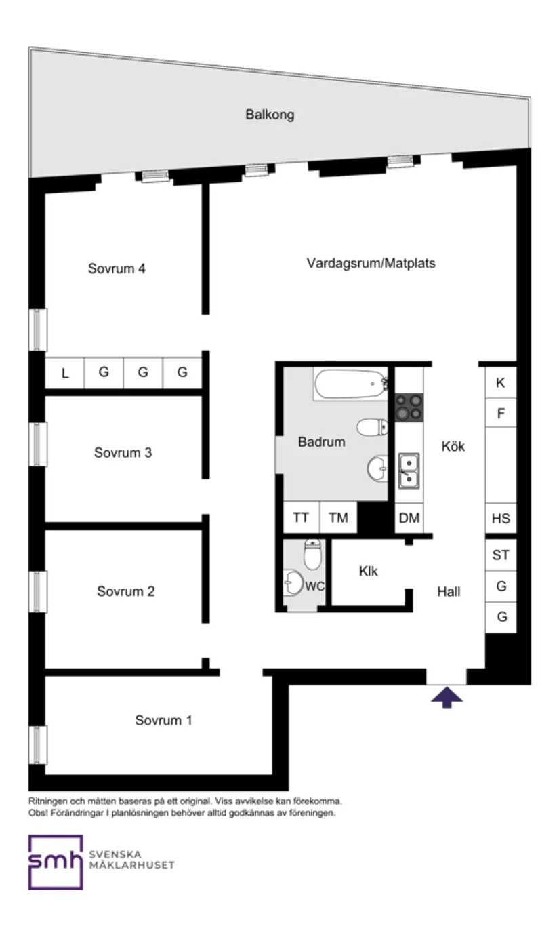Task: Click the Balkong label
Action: [270, 115]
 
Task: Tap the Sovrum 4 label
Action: [117, 268]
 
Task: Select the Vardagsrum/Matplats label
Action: [371, 263]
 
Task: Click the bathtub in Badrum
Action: [350, 384]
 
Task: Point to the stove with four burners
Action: [409, 407]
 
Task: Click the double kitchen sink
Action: [409, 471]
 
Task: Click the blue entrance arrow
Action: [447, 696]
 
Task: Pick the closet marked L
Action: [65, 373]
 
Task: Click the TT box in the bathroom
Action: [301, 518]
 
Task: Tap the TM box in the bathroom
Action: [338, 518]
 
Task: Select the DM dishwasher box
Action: [409, 519]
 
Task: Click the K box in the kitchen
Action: [501, 383]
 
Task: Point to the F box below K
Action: [501, 414]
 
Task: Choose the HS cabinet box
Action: [501, 519]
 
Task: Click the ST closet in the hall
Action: [501, 555]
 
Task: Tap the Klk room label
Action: [369, 572]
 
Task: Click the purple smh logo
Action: [55, 861]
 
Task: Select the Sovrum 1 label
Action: [163, 720]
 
